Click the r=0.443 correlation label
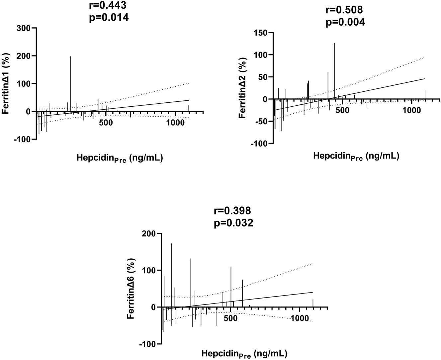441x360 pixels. [109, 5]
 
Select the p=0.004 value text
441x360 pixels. [345, 22]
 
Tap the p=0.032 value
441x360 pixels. [233, 222]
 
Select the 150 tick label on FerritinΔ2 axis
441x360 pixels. [260, 33]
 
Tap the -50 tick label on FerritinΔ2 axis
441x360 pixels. [260, 121]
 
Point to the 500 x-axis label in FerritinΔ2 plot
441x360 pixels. [342, 110]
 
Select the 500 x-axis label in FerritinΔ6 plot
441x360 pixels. [230, 318]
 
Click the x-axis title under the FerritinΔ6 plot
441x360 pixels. [244, 353]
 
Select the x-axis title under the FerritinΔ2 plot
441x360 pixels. [356, 156]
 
